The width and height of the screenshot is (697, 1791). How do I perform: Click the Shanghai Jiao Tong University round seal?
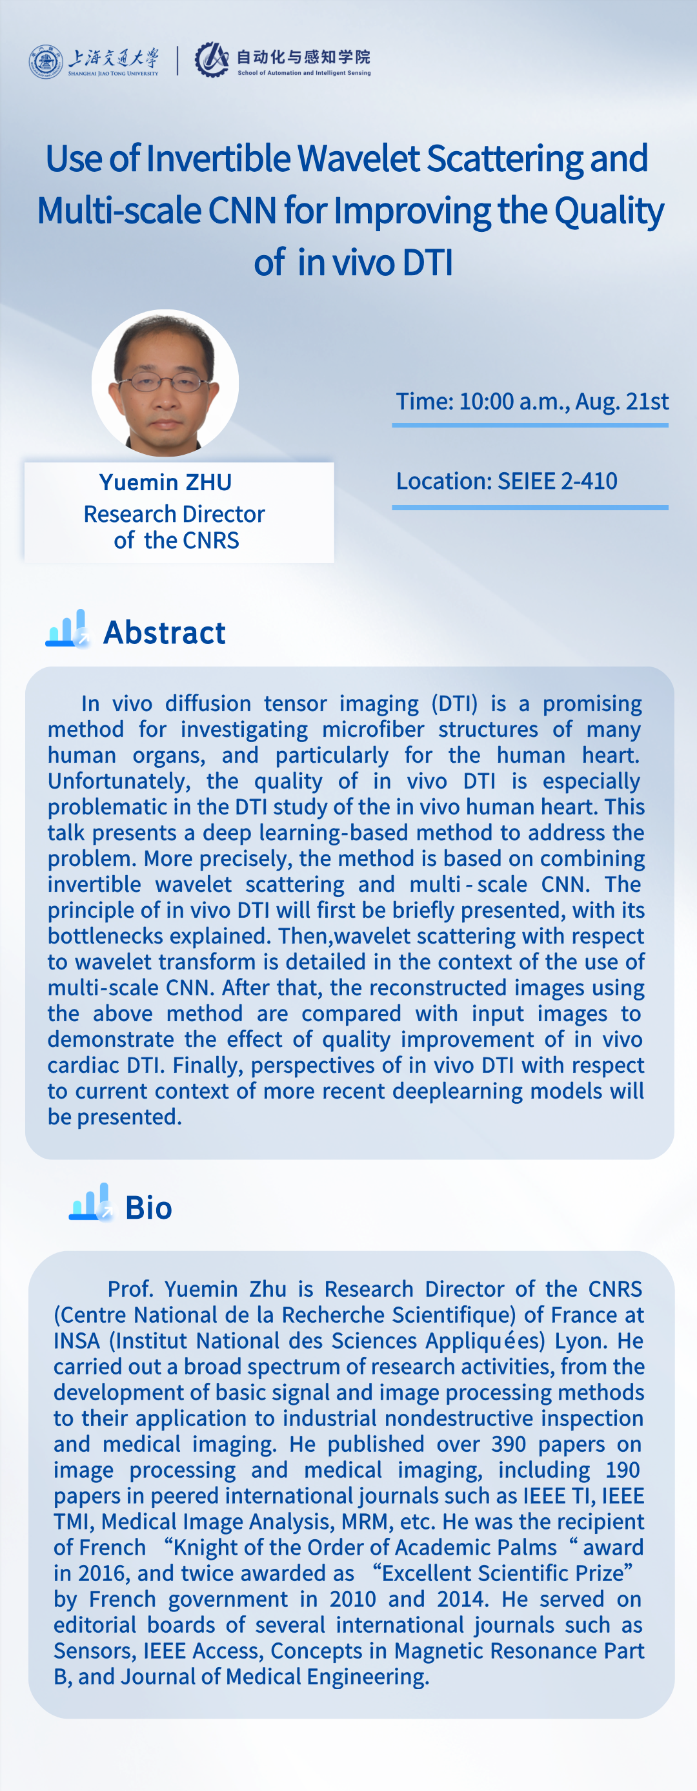[46, 61]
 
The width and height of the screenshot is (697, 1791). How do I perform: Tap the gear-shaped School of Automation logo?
[212, 60]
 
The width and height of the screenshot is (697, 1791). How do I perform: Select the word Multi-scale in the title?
[119, 210]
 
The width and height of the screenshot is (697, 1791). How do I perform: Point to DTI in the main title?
[427, 263]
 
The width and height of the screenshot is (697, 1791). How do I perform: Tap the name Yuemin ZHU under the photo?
[165, 482]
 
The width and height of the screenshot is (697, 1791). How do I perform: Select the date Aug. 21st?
[621, 401]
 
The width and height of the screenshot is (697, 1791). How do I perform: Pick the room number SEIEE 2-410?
[558, 481]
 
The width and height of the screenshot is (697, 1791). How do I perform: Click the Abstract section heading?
[165, 633]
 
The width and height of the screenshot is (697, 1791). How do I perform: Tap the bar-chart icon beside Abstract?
[67, 628]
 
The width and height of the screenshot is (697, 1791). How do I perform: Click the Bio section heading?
[148, 1208]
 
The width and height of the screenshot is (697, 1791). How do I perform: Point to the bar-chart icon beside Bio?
[91, 1202]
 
